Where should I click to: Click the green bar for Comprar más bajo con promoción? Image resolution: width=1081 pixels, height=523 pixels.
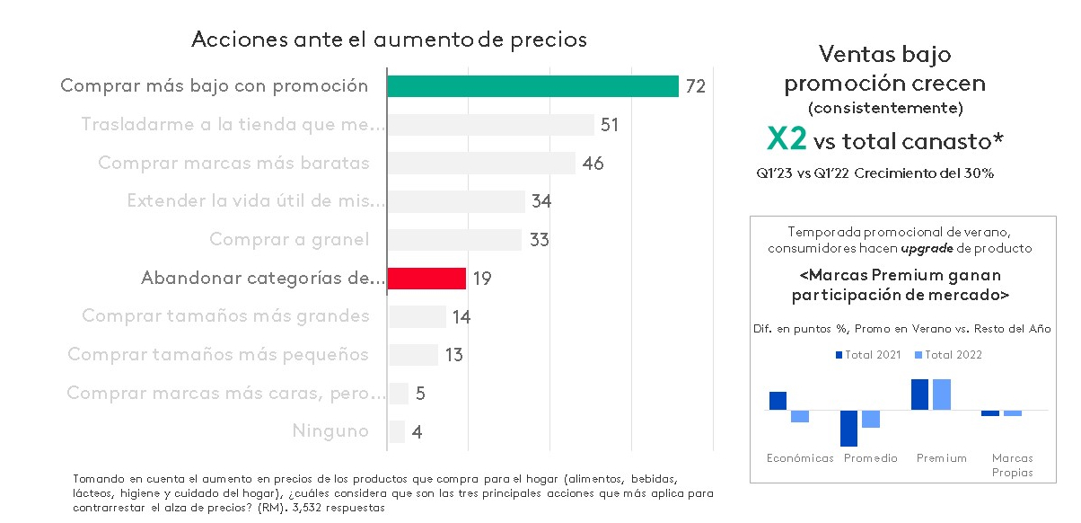pyautogui.click(x=532, y=86)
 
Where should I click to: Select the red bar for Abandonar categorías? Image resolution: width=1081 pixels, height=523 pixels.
pyautogui.click(x=426, y=279)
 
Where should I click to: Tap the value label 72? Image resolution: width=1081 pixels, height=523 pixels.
pyautogui.click(x=696, y=87)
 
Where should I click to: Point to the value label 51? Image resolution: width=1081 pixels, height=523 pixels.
pyautogui.click(x=611, y=125)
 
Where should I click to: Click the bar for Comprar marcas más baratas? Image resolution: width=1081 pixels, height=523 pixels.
pyautogui.click(x=481, y=164)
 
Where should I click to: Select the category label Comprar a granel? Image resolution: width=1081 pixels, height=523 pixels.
pyautogui.click(x=289, y=240)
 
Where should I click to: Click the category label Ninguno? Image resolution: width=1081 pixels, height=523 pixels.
pyautogui.click(x=330, y=431)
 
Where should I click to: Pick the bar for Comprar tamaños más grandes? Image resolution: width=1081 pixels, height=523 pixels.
pyautogui.click(x=417, y=316)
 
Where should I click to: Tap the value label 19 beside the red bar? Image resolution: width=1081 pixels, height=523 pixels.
pyautogui.click(x=481, y=279)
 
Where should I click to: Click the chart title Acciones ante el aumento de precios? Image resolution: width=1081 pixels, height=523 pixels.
pyautogui.click(x=389, y=40)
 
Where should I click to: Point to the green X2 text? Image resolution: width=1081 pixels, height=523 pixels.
pyautogui.click(x=787, y=138)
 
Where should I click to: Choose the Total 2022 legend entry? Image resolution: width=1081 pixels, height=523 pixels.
pyautogui.click(x=948, y=355)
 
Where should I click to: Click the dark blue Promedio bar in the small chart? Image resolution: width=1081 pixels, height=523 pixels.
pyautogui.click(x=848, y=428)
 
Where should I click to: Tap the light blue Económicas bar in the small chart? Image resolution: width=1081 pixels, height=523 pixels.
pyautogui.click(x=800, y=416)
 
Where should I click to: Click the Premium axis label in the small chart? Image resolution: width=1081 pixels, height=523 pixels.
pyautogui.click(x=942, y=458)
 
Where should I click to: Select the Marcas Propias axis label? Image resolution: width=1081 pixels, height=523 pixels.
pyautogui.click(x=1012, y=465)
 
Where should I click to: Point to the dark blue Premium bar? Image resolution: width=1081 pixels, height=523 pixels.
pyautogui.click(x=919, y=394)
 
